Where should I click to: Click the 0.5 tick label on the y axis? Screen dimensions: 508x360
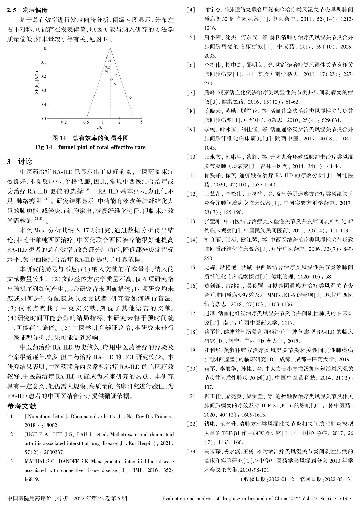tap(44, 118)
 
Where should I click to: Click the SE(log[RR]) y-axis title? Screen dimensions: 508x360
tap(37, 83)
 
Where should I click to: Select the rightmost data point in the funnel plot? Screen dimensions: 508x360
tap(130, 97)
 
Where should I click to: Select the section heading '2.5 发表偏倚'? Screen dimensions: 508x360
tap(27, 10)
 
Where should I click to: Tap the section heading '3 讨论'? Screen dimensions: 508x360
tap(20, 162)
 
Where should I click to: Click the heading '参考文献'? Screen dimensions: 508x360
tap(22, 406)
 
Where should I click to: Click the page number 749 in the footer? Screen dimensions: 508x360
tap(343, 499)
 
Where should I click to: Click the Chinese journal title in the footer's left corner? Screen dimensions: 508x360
tap(38, 499)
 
